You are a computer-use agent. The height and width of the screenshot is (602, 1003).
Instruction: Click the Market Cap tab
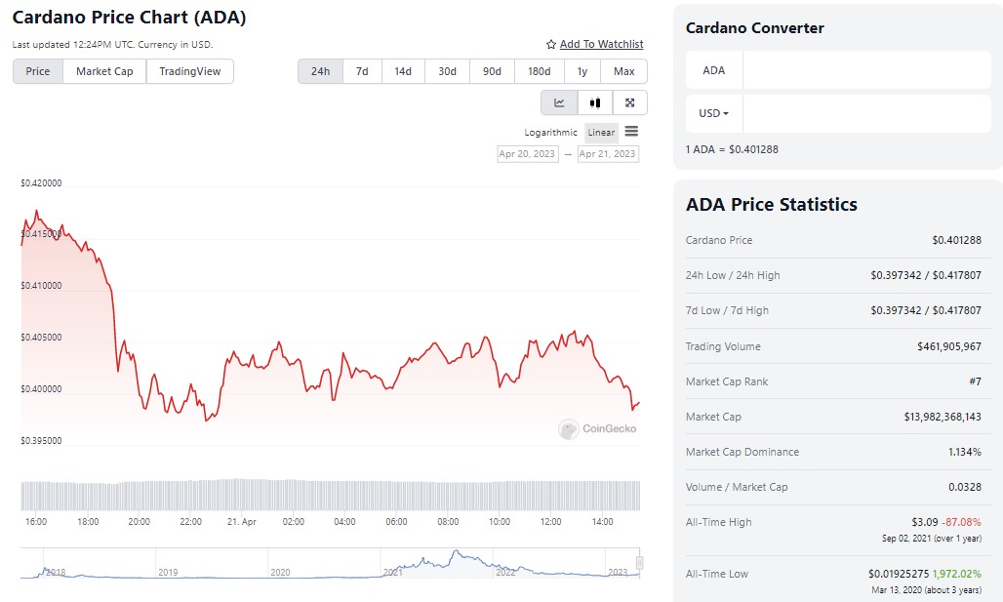104,71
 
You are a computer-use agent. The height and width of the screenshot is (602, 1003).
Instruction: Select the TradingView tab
190,71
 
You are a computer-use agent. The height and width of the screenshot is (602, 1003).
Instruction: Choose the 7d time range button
362,71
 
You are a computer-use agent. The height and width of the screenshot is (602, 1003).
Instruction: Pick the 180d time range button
539,71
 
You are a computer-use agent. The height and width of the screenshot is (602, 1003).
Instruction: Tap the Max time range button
624,71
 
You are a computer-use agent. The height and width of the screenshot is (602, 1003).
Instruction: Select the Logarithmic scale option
551,133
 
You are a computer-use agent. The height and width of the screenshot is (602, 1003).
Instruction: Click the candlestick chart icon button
594,102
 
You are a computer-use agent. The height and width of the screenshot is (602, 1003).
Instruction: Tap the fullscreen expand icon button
629,102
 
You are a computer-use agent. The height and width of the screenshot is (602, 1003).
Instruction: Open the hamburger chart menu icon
631,132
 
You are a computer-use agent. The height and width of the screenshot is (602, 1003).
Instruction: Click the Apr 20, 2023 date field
528,154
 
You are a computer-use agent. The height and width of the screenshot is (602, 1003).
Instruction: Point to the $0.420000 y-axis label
41,182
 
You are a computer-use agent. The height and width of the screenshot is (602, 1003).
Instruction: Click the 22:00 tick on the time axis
190,522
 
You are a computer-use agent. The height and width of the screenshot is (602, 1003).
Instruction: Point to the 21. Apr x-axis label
241,522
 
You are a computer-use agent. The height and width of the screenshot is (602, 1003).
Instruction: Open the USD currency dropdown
714,113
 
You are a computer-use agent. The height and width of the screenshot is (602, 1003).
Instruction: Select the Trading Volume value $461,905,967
948,346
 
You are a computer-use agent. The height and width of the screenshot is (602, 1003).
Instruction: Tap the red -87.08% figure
962,522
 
